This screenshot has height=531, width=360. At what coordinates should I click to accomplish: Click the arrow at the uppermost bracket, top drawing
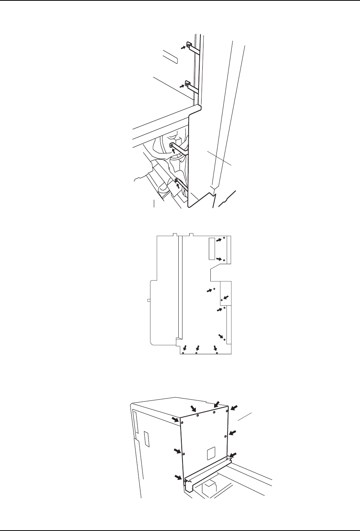(x=183, y=47)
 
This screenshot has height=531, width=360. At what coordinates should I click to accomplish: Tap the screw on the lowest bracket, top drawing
(x=176, y=180)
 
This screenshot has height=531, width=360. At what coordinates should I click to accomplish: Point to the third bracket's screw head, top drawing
(x=171, y=145)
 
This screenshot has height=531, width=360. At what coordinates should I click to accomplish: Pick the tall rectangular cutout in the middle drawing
(x=212, y=249)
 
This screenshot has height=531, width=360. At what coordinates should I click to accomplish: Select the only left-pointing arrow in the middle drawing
(x=226, y=297)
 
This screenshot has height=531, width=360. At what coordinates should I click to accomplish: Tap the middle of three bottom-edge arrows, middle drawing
(x=197, y=348)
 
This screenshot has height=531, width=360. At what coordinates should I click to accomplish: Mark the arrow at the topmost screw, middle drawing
(x=218, y=240)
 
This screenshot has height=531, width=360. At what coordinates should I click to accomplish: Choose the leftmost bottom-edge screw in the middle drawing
(x=183, y=353)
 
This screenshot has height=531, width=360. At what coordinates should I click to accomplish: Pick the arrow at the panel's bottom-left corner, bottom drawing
(x=178, y=477)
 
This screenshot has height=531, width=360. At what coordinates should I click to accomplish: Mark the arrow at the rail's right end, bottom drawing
(x=233, y=455)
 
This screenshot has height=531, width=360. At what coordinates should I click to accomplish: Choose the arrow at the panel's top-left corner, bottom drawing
(x=176, y=419)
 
